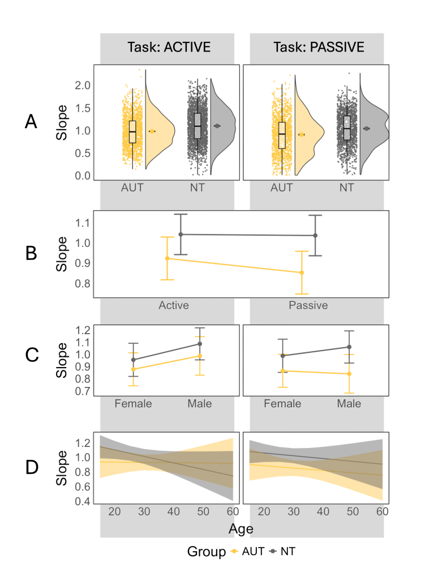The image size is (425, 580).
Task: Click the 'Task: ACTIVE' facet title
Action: [x=167, y=48]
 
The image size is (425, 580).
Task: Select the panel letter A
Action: [x=31, y=122]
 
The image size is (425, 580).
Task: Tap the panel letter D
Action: [x=32, y=467]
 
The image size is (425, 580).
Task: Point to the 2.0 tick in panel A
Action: [x=83, y=85]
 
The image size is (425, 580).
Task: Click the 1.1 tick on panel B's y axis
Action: [x=83, y=223]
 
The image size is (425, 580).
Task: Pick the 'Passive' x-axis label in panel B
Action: [x=308, y=306]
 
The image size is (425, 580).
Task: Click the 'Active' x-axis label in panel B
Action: [x=174, y=306]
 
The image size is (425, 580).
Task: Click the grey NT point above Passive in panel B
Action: [x=315, y=235]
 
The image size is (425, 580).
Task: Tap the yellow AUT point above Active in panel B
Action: [x=167, y=258]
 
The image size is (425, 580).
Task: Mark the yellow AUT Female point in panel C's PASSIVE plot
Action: [x=282, y=371]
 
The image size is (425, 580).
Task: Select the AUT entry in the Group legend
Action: [x=249, y=551]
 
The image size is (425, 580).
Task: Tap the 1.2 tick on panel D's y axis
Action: [x=83, y=442]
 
